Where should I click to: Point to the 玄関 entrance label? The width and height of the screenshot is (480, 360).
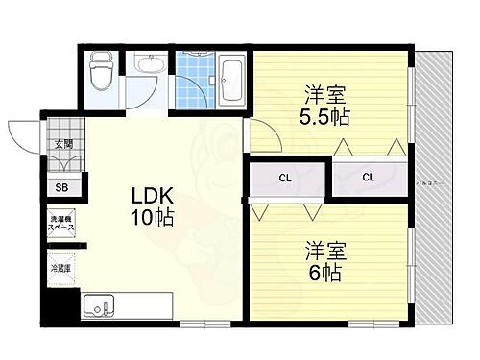63,145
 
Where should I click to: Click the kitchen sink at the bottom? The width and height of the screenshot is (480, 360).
98,307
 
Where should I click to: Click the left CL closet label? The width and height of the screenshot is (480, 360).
286,178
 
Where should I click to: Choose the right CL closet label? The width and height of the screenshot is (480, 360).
369,178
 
